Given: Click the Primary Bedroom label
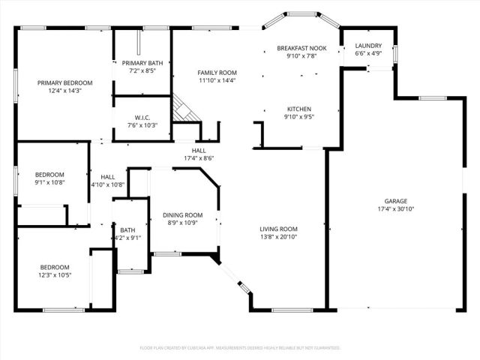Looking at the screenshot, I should pos(66,82).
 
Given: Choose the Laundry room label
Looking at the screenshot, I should pos(367,46).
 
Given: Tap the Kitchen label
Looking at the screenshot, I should pos(298,109).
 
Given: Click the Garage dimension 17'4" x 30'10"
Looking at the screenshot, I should pos(395,209).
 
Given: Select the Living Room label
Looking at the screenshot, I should pos(279,229).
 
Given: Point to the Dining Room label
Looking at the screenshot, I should pos(183,215).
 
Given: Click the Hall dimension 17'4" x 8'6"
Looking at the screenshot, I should pos(199,158).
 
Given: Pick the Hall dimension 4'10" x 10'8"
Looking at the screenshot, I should pos(107,184).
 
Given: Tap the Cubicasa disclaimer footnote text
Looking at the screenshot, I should pos(240,348).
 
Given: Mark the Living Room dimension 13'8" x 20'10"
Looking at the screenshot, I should pos(279,237).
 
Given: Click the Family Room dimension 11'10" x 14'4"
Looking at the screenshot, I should pos(217,80).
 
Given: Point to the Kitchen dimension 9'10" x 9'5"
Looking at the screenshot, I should pos(298,117).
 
